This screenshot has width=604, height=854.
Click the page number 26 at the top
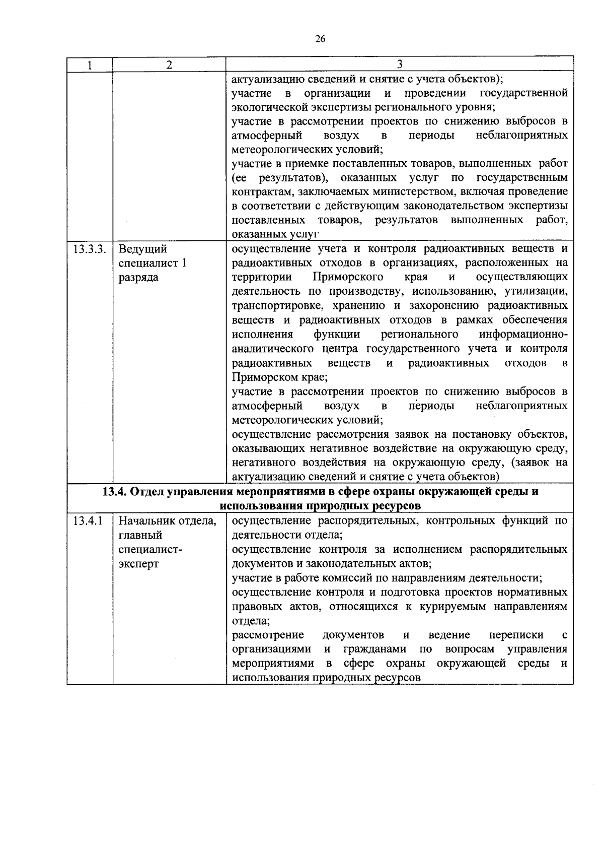tap(320, 39)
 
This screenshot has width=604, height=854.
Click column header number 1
tap(90, 64)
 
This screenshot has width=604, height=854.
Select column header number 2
tap(169, 64)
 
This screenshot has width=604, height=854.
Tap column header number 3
tap(399, 64)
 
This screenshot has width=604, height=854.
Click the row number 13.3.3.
tap(90, 249)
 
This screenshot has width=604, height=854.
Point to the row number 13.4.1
tap(88, 521)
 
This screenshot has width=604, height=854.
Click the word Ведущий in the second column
tap(142, 249)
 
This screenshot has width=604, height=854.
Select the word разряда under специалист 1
tap(138, 278)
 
